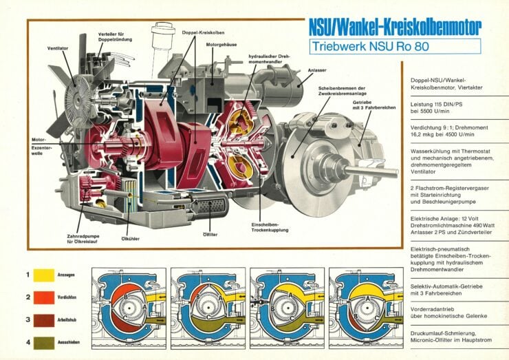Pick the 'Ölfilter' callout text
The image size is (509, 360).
tap(210, 234)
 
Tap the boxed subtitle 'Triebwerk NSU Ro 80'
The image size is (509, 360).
tap(368, 47)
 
